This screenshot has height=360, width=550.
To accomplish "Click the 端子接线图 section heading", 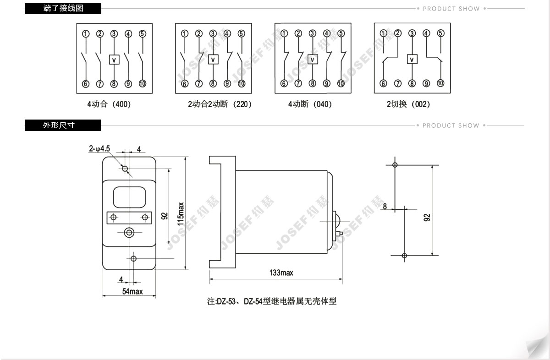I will pos(63,8).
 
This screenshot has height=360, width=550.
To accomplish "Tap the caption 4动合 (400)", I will pos(109,104).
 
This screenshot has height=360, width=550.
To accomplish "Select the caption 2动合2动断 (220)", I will pos(220,104).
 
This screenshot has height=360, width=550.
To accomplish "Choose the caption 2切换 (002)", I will pos(408,104).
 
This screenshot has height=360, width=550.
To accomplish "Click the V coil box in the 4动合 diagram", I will pos(114,59).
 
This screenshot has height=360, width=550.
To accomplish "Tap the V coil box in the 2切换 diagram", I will pos(412,59).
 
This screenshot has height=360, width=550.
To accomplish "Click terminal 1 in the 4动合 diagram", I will pos(85,33).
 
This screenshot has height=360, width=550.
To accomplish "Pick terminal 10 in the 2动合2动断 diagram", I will pos(242,84).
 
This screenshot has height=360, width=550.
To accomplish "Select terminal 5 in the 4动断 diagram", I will pos(341,33).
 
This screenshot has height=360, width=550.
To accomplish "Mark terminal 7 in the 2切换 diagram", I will pos(398,84).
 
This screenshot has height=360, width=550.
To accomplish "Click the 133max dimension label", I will pos(281,273).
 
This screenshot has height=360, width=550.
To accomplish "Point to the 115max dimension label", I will pos(181,213).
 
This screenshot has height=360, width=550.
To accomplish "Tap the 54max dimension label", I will pos(132,291).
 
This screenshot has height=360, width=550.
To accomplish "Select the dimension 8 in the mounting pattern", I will pos(385,207).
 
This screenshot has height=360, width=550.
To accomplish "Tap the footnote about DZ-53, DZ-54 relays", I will pos(272,301).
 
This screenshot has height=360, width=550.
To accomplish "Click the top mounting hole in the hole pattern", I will pos(395,165).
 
